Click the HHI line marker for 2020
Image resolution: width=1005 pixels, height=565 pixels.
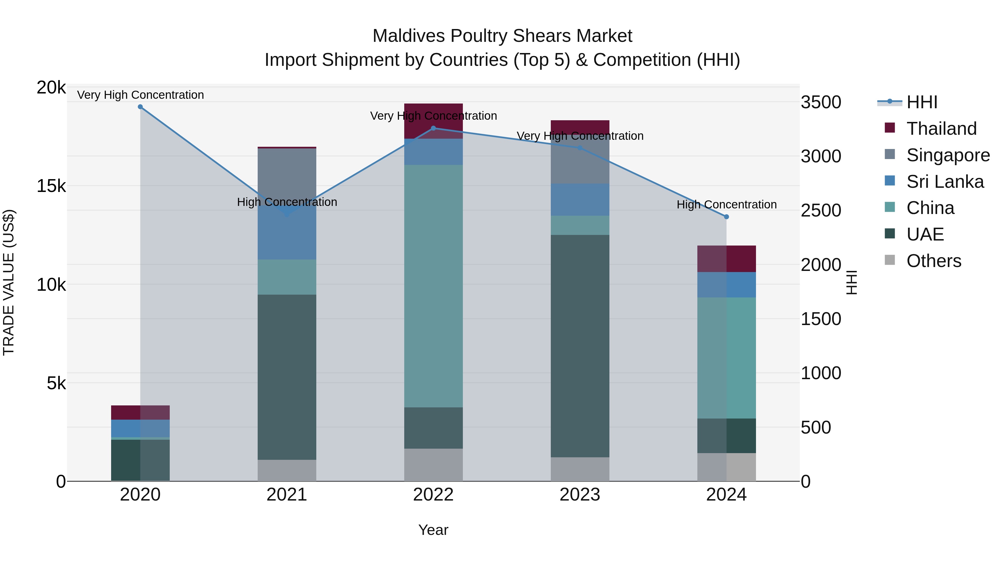(x=140, y=107)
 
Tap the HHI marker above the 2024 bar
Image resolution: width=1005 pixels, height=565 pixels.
(x=726, y=217)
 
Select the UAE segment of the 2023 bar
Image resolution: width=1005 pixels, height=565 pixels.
(x=580, y=346)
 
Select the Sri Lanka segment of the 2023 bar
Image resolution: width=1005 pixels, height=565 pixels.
(x=580, y=200)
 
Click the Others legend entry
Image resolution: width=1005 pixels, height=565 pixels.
(x=933, y=261)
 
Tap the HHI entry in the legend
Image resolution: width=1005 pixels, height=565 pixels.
(x=921, y=102)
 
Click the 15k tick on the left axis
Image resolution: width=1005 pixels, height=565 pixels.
(x=51, y=186)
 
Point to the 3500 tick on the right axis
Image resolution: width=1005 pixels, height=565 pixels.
(x=821, y=102)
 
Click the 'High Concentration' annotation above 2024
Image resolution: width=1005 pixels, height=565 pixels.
(x=726, y=205)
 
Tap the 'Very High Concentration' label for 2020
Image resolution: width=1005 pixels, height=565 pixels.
(x=140, y=95)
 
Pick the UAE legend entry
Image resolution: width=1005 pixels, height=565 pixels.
(x=924, y=234)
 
